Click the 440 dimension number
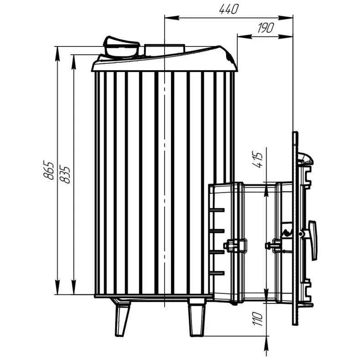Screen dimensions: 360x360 [x=229, y=9]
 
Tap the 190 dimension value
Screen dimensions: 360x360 [x=265, y=28]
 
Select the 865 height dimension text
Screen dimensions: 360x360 [x=48, y=170]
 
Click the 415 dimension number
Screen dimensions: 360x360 [x=257, y=159]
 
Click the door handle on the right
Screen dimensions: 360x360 [x=313, y=240]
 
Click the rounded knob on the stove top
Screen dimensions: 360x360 [x=121, y=47]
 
